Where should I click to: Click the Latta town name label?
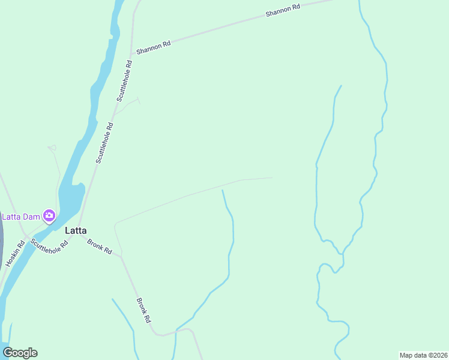(76, 230)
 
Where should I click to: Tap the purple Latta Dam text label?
(22, 217)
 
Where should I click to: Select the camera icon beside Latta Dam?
(49, 215)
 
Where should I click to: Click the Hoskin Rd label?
(15, 253)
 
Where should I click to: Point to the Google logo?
(20, 353)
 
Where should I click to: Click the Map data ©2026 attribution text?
(423, 355)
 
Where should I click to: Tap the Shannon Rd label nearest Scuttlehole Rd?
(154, 47)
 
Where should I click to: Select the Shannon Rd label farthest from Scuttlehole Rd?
(283, 11)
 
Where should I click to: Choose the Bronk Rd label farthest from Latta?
(143, 311)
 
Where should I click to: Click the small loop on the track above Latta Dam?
(52, 148)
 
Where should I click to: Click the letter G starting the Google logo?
(8, 353)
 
